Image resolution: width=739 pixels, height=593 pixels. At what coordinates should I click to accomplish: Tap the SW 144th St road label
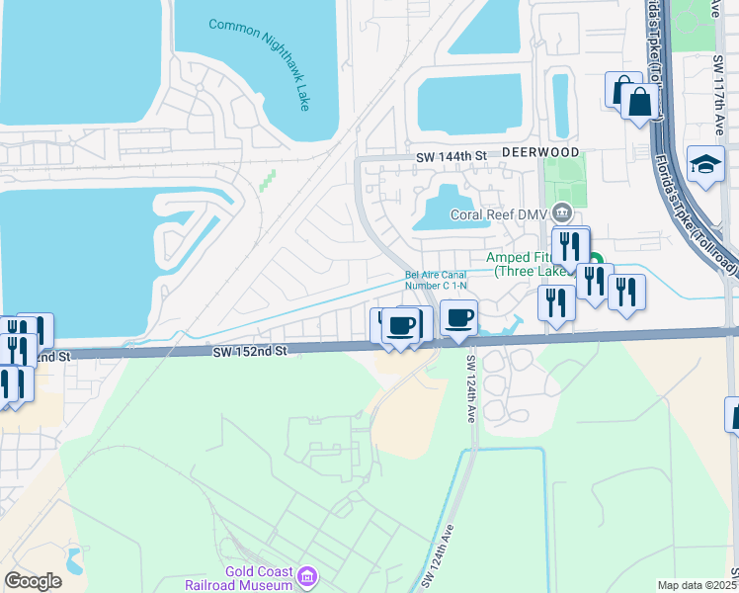pos(452,156)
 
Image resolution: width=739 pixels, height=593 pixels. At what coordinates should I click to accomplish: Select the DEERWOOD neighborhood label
pos(539,153)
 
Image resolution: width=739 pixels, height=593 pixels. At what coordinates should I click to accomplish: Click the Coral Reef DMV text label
pos(499,213)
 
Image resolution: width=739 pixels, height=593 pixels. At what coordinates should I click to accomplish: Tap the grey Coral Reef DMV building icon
pos(562,212)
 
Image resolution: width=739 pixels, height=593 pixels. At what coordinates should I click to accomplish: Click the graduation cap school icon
pos(706,165)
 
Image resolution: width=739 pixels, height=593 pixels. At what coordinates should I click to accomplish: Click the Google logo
pos(33,581)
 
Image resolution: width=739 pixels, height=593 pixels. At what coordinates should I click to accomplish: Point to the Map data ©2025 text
pos(698,585)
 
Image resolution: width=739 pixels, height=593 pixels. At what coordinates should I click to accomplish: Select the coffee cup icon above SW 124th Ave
pos(458,319)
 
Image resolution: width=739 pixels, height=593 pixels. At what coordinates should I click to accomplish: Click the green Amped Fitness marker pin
pos(596,262)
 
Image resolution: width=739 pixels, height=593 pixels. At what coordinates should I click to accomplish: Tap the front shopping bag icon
pos(640,101)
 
